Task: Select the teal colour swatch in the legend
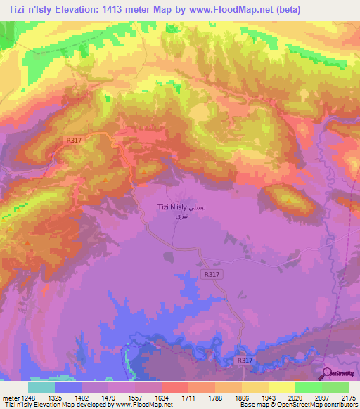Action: [41, 387]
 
